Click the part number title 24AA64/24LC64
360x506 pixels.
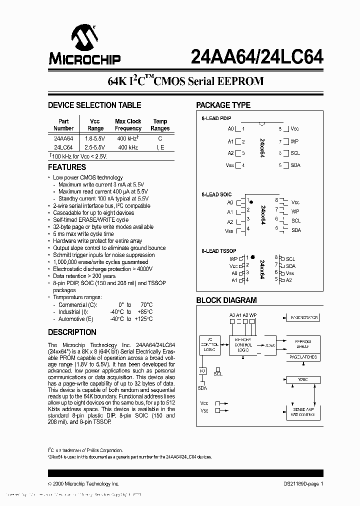pyautogui.click(x=257, y=57)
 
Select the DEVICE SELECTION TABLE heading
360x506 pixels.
pyautogui.click(x=94, y=105)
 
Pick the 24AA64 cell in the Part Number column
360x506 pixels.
pyautogui.click(x=63, y=138)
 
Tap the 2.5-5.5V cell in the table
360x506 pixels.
pyautogui.click(x=94, y=147)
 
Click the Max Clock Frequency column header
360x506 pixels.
pyautogui.click(x=128, y=124)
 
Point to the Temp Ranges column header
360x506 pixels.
pyautogui.click(x=160, y=124)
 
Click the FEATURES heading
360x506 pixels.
pyautogui.click(x=67, y=167)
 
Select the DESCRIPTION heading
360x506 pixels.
pyautogui.click(x=72, y=332)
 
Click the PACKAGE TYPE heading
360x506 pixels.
pyautogui.click(x=223, y=105)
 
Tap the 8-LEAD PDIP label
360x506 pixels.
pyautogui.click(x=216, y=118)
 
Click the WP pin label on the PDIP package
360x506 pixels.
pyautogui.click(x=294, y=141)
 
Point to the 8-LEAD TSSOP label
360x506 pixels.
pyautogui.click(x=218, y=250)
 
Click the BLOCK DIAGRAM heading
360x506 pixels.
pyautogui.click(x=226, y=300)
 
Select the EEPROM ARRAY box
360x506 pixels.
pyautogui.click(x=302, y=344)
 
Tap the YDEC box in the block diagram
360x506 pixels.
pyautogui.click(x=302, y=379)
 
